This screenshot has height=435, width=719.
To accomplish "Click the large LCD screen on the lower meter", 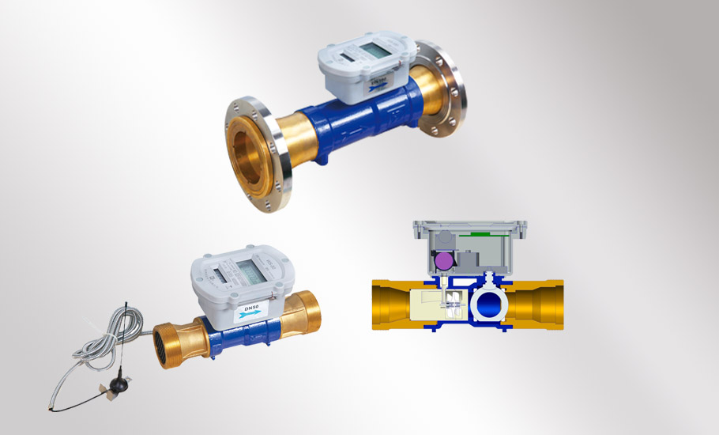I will pyautogui.click(x=251, y=272).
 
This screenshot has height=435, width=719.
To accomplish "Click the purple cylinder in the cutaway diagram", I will pyautogui.click(x=443, y=260).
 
